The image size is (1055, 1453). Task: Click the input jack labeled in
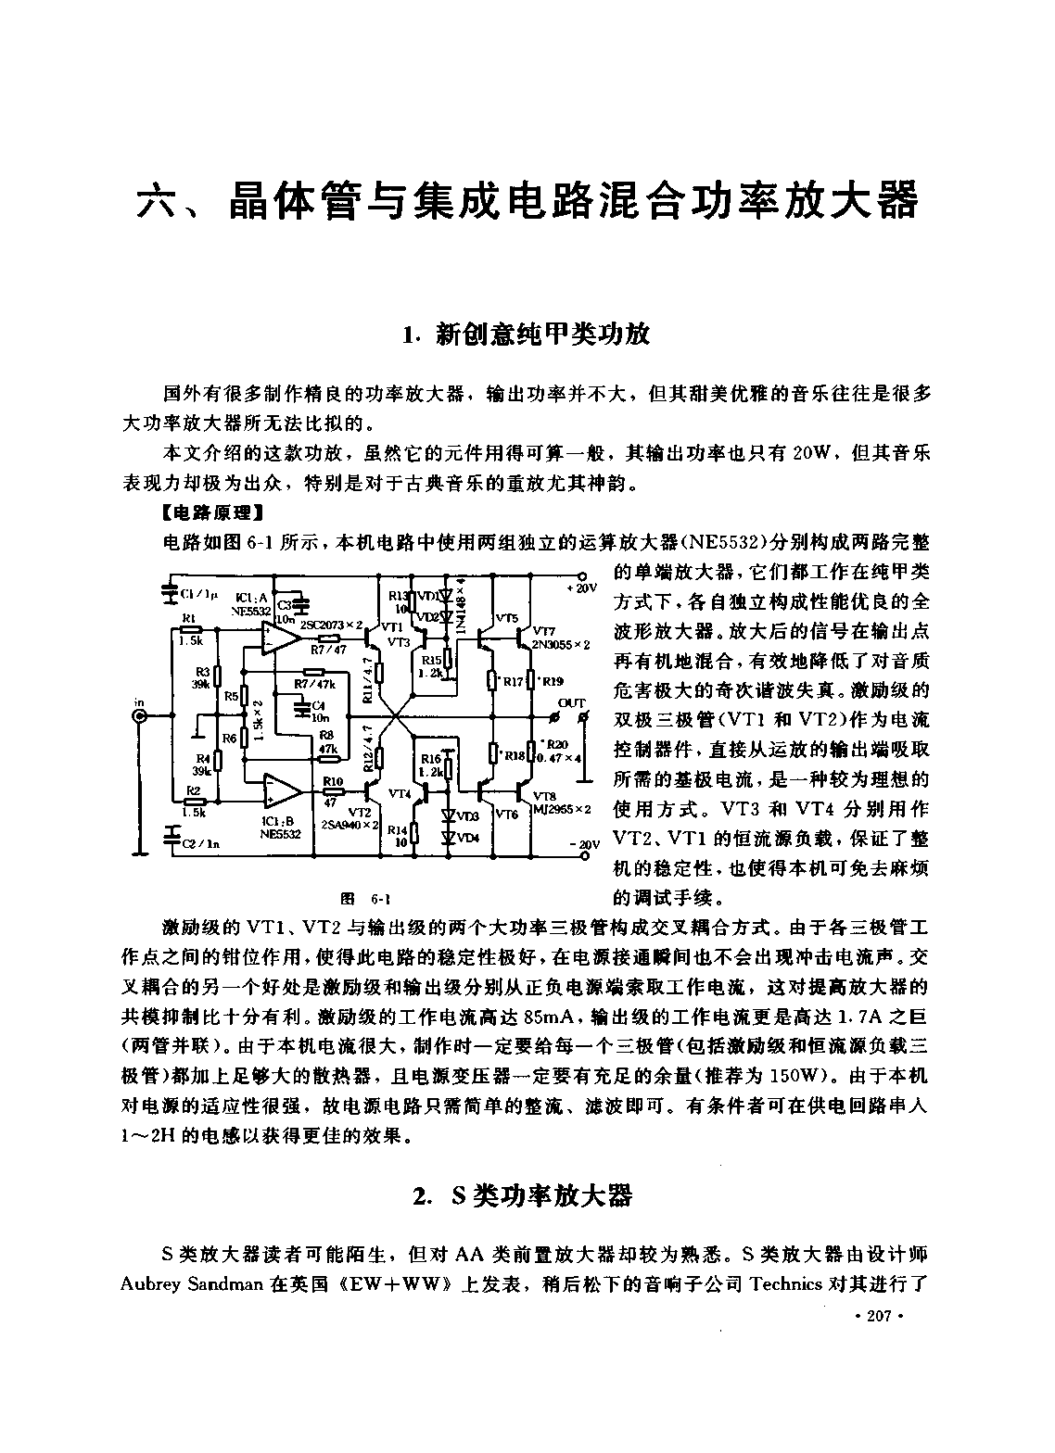coord(140,716)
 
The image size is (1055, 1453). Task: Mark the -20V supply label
coord(584,845)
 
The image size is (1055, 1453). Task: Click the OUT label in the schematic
coord(572,703)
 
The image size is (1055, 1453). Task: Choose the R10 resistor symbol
coord(333,791)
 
